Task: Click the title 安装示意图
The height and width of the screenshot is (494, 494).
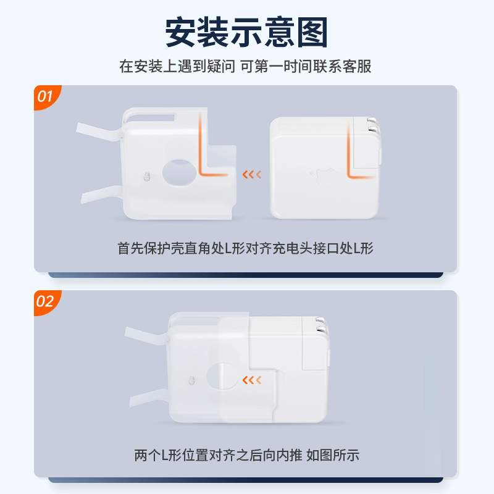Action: [246, 33]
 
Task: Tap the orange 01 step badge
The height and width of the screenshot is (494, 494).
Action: [46, 96]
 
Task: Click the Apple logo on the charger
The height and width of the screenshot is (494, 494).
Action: [323, 176]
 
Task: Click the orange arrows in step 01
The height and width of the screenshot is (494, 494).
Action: [252, 174]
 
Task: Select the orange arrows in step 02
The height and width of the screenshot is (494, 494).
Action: [252, 380]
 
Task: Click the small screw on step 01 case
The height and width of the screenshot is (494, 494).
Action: [146, 177]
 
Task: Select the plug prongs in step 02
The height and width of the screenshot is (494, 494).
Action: [322, 326]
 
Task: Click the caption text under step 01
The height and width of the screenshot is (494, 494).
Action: [245, 248]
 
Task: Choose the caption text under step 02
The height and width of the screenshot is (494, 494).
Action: [246, 455]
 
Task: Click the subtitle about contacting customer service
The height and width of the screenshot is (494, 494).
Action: [245, 67]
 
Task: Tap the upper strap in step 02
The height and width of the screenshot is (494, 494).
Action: [146, 336]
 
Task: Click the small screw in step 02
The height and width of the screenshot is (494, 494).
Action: [191, 380]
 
